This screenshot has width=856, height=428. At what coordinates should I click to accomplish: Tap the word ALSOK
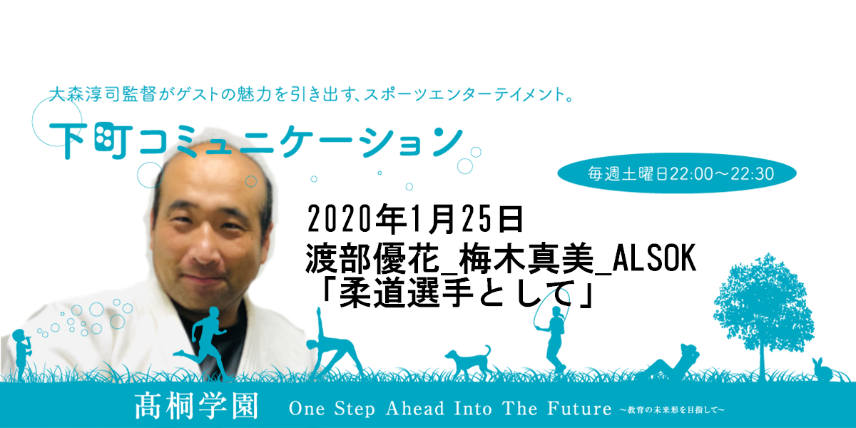click(x=654, y=259)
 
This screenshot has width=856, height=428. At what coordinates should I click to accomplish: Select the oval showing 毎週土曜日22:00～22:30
click(x=677, y=173)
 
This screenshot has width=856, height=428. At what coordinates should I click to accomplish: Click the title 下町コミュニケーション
click(x=256, y=141)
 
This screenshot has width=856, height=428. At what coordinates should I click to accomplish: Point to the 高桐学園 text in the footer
click(x=196, y=406)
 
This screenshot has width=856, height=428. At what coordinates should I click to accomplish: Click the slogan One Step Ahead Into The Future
click(x=450, y=408)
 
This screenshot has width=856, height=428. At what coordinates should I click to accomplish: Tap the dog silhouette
click(x=469, y=361)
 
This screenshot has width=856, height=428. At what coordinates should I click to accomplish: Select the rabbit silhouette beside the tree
click(x=822, y=370)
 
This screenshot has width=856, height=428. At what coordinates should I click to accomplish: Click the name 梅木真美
click(x=526, y=259)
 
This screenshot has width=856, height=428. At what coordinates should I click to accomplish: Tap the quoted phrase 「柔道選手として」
click(x=458, y=294)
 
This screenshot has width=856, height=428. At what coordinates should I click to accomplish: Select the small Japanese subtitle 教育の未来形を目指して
click(x=672, y=410)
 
